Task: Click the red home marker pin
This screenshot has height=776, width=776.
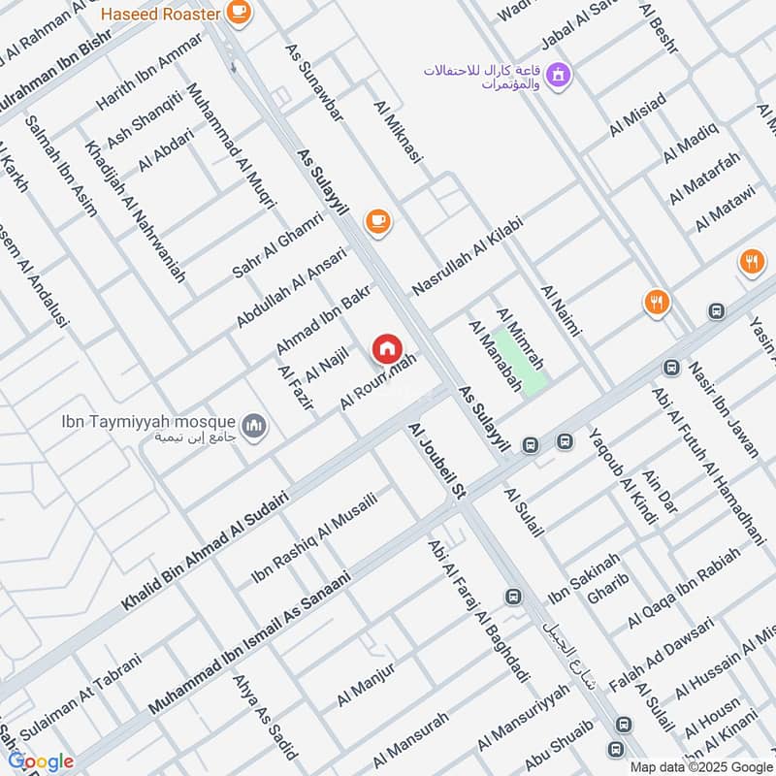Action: (386, 348)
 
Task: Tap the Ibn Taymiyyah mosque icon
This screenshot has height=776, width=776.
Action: (254, 426)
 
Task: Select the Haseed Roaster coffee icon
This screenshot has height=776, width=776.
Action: (238, 12)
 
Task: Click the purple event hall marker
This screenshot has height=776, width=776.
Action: (558, 74)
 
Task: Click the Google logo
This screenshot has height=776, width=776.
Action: (41, 761)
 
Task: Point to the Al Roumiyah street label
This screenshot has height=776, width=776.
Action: (378, 381)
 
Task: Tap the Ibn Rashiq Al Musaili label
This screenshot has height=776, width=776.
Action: (313, 535)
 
